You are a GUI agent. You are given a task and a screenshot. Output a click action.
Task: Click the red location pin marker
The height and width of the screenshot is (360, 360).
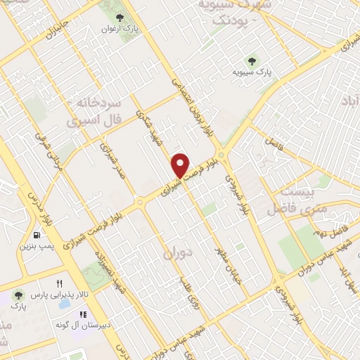click(x=181, y=165)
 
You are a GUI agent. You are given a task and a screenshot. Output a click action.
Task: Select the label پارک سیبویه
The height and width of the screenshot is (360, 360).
click(x=254, y=72)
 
